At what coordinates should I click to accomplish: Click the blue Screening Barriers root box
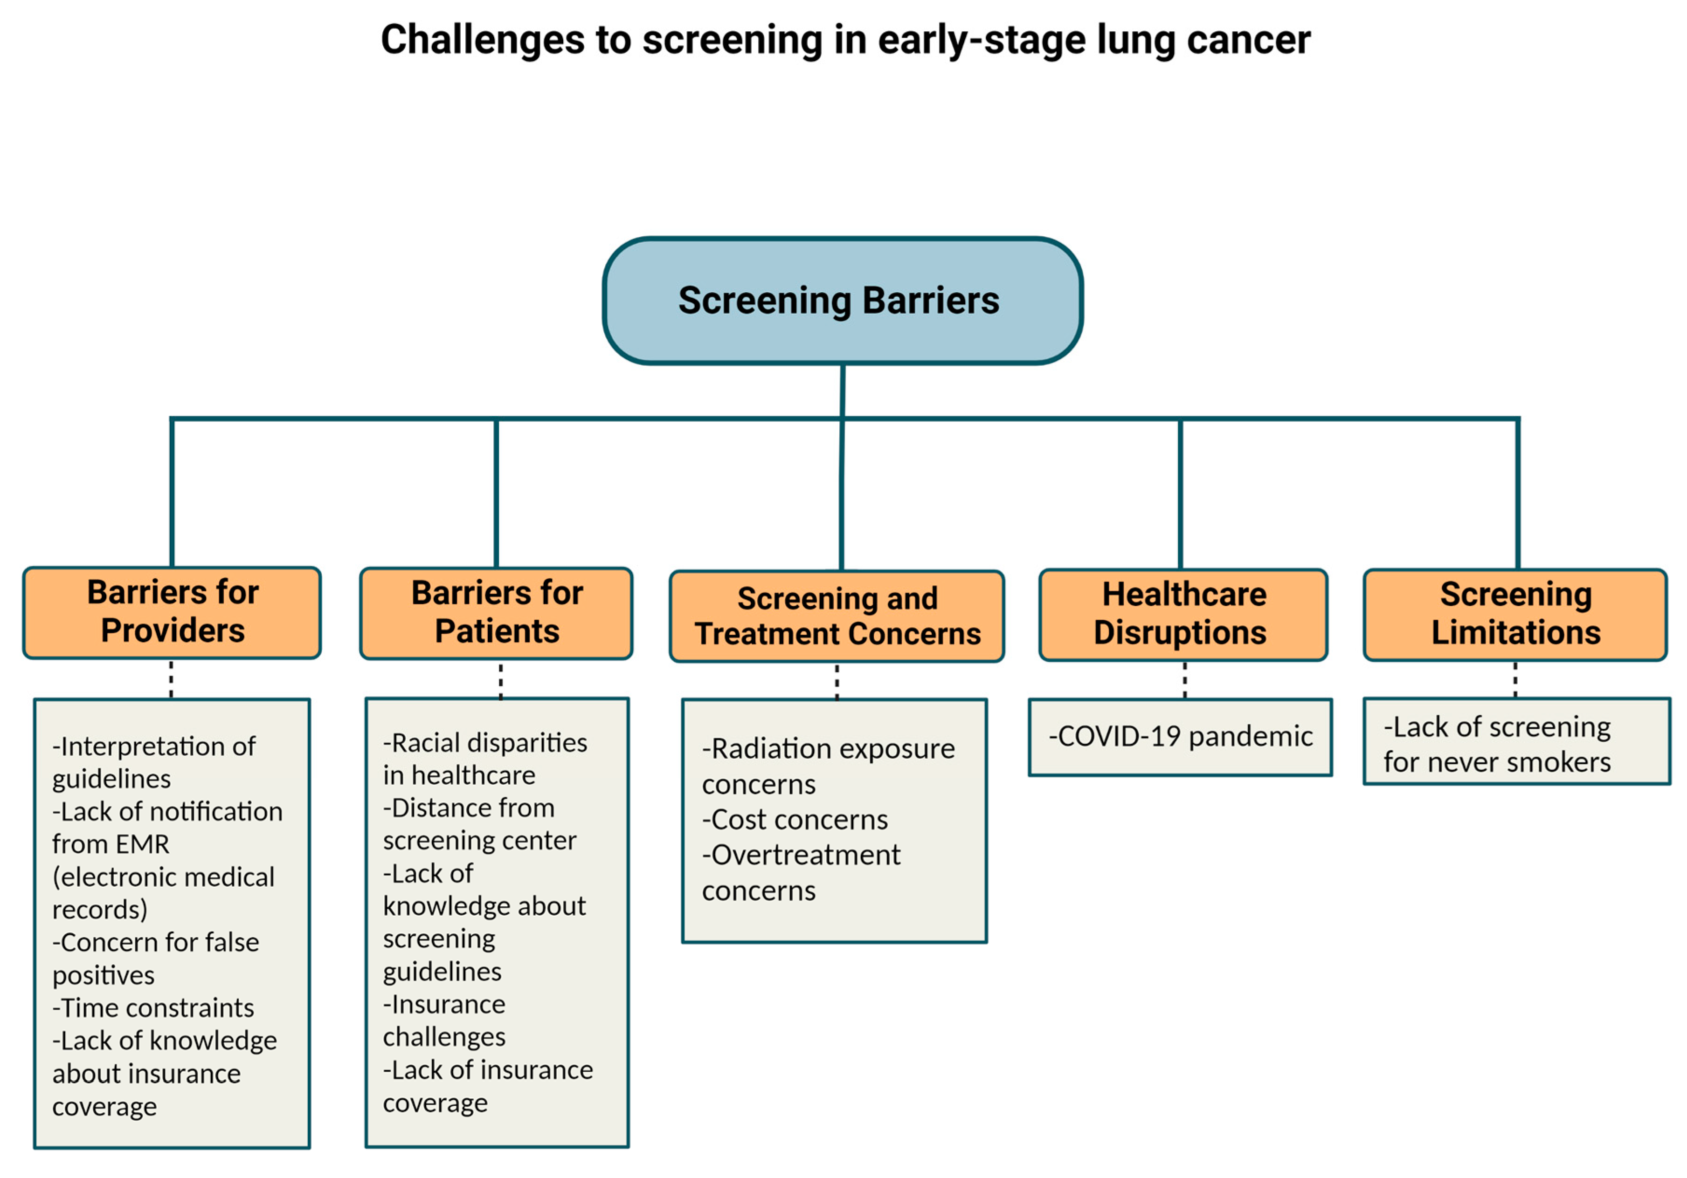point(842,301)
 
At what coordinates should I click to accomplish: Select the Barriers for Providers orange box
point(172,612)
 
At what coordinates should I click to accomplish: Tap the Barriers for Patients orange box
point(496,612)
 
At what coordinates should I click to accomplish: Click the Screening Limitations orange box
point(1515,614)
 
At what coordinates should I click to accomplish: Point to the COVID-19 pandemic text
point(1180,736)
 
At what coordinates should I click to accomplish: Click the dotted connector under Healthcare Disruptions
point(1184,679)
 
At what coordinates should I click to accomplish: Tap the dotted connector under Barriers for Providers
point(171,678)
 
